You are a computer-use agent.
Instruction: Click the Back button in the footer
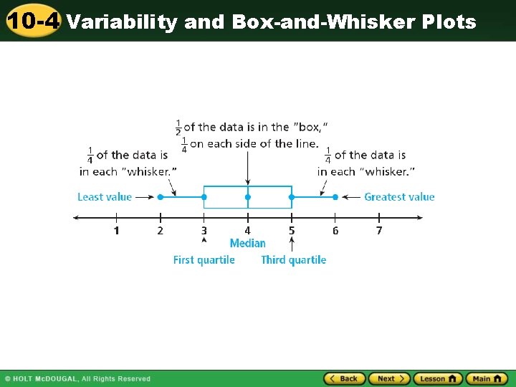click(x=345, y=378)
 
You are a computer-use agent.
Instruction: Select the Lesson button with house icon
click(x=437, y=378)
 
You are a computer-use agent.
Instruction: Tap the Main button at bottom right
click(x=487, y=378)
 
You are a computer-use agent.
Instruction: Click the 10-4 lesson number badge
click(x=34, y=21)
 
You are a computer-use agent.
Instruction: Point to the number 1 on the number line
click(x=116, y=230)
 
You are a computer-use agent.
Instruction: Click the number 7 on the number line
click(x=379, y=230)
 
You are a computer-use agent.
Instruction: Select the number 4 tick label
click(x=247, y=230)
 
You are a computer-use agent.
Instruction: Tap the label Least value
click(x=105, y=197)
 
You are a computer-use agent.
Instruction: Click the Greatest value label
click(x=399, y=197)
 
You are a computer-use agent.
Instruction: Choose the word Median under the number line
click(x=247, y=244)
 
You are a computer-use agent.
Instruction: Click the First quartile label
click(x=204, y=260)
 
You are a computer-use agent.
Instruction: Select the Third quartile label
click(x=293, y=260)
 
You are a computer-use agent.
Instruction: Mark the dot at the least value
click(x=160, y=197)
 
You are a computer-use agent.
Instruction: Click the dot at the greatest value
click(x=335, y=197)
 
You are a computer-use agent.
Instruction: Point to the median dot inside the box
click(x=247, y=197)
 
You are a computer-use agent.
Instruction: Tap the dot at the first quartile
click(x=204, y=197)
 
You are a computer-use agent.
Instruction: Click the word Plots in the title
click(x=449, y=22)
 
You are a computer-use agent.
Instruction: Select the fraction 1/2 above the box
click(x=178, y=128)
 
